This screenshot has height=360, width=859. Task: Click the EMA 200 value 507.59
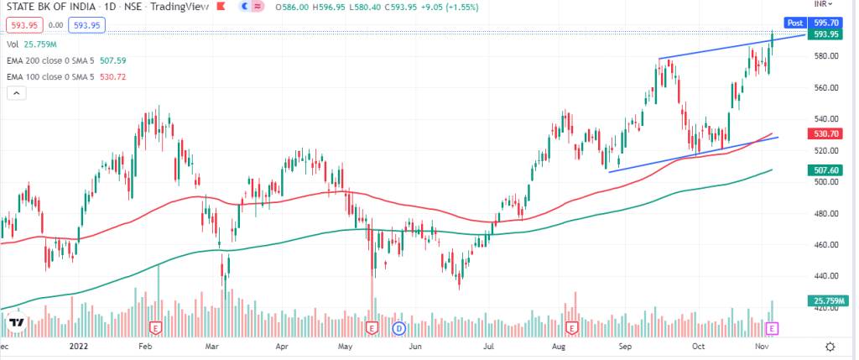pyautogui.click(x=135, y=60)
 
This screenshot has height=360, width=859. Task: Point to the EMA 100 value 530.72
pyautogui.click(x=135, y=77)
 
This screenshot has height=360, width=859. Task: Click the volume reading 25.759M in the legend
pyautogui.click(x=40, y=43)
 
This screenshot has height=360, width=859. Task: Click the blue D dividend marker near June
pyautogui.click(x=399, y=326)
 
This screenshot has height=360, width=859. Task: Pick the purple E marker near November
pyautogui.click(x=773, y=326)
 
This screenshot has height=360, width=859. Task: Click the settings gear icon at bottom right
pyautogui.click(x=830, y=346)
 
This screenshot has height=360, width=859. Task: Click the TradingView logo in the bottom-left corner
pyautogui.click(x=15, y=322)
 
